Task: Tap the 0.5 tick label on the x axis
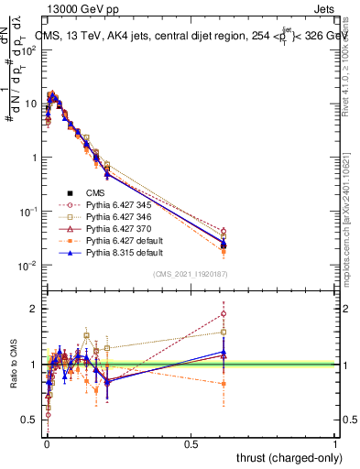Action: [x=191, y=443]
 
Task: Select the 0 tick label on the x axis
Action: [x=47, y=443]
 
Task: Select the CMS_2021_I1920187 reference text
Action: [x=190, y=274]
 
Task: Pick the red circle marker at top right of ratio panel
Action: [x=224, y=313]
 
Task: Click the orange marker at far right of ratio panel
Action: [x=224, y=384]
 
